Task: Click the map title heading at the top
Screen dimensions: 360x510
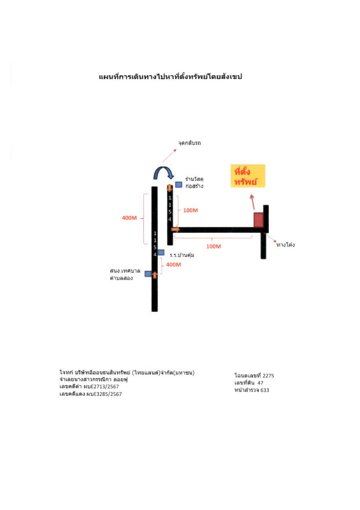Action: click(170, 77)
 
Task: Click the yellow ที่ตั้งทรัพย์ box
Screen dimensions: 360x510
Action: click(248, 176)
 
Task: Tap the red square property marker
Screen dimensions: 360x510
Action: click(259, 220)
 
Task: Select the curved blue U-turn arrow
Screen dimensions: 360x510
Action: click(164, 172)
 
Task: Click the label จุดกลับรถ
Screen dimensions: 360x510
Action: click(190, 143)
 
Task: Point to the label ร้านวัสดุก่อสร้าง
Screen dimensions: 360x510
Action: click(194, 182)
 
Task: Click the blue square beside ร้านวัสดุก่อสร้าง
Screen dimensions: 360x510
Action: click(178, 184)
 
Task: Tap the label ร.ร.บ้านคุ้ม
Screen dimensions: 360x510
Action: click(182, 256)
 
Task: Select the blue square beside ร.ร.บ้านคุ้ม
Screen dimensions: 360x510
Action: click(161, 252)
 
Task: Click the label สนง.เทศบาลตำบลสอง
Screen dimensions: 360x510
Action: click(125, 274)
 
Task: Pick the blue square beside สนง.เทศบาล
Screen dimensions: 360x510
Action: click(148, 274)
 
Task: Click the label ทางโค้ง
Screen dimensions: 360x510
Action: click(285, 245)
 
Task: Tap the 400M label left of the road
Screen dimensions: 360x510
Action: click(129, 218)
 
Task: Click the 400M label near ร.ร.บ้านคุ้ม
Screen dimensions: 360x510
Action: click(174, 265)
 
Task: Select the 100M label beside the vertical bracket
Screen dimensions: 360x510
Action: click(191, 210)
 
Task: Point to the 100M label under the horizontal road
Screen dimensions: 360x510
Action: click(213, 247)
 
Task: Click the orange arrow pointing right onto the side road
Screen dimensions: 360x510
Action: click(176, 229)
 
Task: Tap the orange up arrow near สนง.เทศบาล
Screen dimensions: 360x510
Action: click(155, 275)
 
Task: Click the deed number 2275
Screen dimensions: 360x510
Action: click(268, 375)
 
